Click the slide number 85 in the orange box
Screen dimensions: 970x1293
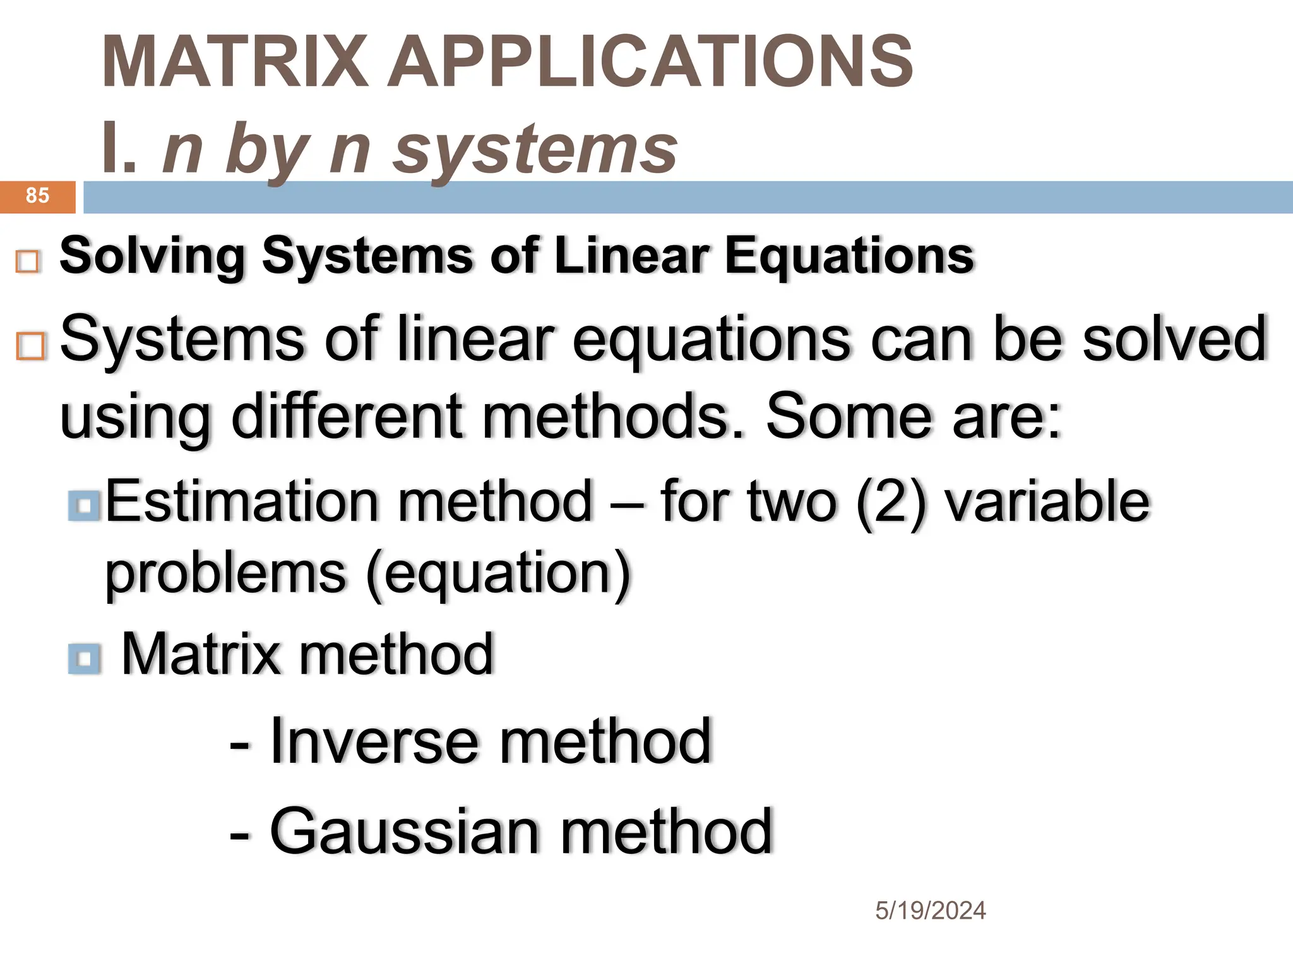pyautogui.click(x=37, y=196)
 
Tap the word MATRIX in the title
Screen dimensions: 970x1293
pyautogui.click(x=235, y=62)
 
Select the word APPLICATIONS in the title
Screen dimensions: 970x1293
pyautogui.click(x=650, y=62)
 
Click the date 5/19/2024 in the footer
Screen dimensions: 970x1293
pyautogui.click(x=930, y=911)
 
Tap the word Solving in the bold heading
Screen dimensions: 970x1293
pyautogui.click(x=152, y=256)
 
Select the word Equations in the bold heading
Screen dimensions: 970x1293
pyautogui.click(x=849, y=256)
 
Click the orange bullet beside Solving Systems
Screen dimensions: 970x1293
pyautogui.click(x=28, y=261)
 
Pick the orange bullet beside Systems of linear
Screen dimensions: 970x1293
pyautogui.click(x=31, y=346)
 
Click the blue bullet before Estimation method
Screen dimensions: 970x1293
pyautogui.click(x=84, y=506)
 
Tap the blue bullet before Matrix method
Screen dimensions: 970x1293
pyautogui.click(x=84, y=659)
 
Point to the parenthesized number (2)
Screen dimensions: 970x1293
pyautogui.click(x=891, y=502)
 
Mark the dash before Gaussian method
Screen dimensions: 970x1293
pyautogui.click(x=239, y=835)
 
